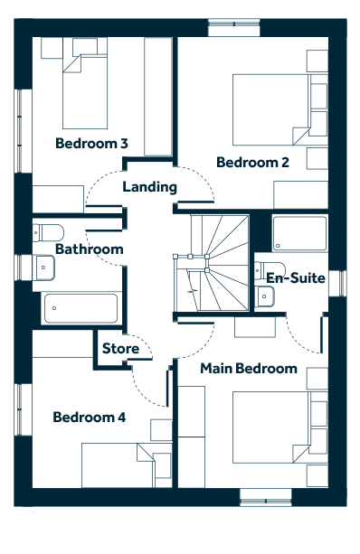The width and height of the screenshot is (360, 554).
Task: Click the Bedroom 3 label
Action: [x=91, y=144]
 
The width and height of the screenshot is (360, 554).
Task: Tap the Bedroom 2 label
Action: [x=252, y=163]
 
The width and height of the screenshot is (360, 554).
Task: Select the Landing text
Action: [x=149, y=187]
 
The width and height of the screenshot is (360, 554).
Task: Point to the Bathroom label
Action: [x=90, y=249]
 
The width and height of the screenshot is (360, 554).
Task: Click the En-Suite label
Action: [x=296, y=278]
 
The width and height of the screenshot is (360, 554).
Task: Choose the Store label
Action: [x=120, y=349]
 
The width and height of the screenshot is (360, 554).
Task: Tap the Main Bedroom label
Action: [x=249, y=369]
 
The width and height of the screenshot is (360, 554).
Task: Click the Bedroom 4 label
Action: [x=90, y=418]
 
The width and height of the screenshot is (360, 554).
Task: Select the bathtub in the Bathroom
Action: [x=81, y=308]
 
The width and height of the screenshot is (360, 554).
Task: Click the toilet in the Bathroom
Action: [x=49, y=232]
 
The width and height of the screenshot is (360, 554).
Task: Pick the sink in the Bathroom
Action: [x=43, y=268]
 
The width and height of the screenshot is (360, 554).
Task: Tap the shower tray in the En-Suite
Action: [x=299, y=233]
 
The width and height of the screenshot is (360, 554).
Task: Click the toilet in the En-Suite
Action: [x=270, y=270]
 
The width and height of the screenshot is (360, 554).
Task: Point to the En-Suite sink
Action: [x=264, y=296]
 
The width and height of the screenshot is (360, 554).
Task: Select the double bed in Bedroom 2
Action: [x=280, y=109]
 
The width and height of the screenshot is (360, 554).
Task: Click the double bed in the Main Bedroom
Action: [x=280, y=427]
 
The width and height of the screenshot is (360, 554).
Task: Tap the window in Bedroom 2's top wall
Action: [x=233, y=27]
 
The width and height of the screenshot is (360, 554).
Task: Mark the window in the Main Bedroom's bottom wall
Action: [x=266, y=497]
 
